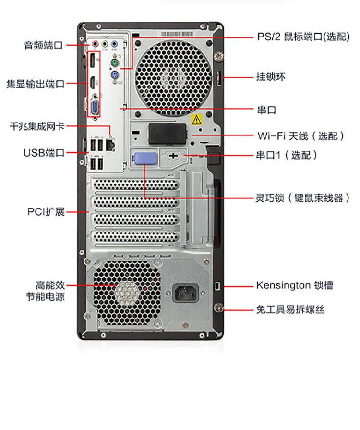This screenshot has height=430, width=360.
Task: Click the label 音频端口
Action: (44, 46)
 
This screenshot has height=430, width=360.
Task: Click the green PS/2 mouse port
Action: (114, 63)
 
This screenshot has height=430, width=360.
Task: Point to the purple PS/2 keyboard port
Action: (114, 77)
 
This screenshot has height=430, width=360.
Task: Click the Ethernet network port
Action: (111, 144)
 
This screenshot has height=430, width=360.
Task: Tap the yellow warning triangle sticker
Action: (196, 120)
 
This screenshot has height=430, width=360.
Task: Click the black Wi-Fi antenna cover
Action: (167, 134)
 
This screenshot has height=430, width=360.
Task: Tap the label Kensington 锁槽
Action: (294, 285)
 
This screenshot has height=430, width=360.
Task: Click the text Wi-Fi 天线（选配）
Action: (300, 135)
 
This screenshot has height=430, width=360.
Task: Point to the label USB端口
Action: (44, 153)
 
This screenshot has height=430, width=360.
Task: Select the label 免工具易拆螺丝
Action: (290, 309)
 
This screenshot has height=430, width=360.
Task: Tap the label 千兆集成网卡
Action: (37, 126)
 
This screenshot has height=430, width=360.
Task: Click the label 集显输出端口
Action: (35, 84)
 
